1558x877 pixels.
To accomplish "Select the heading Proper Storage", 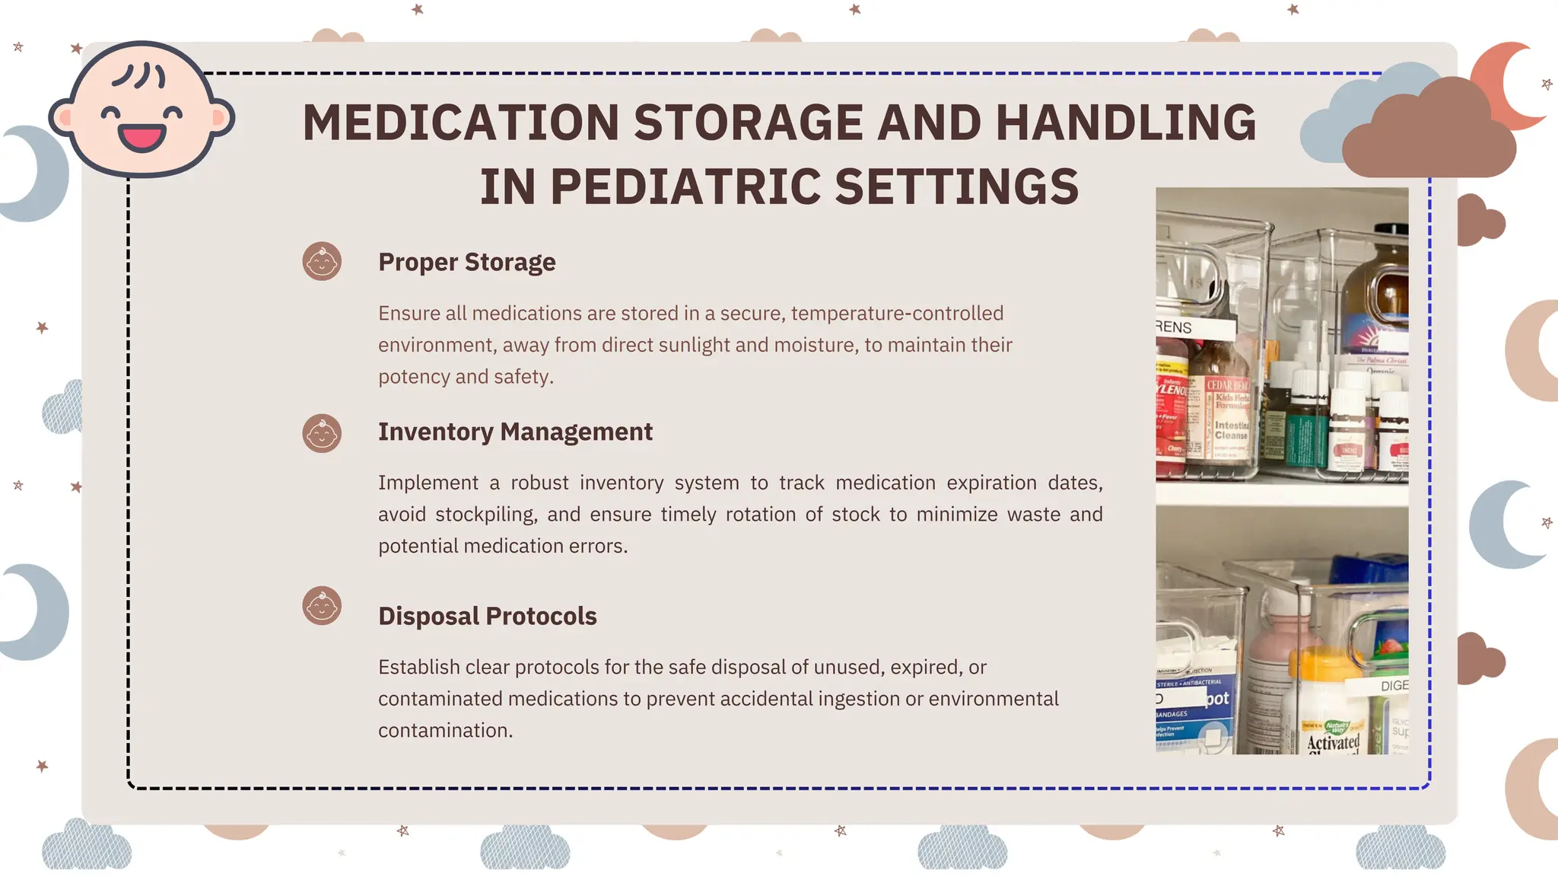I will (466, 262).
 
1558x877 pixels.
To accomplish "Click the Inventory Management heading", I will (515, 432).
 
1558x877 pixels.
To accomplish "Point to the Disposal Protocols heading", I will (487, 616).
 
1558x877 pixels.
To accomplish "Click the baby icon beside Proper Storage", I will (322, 262).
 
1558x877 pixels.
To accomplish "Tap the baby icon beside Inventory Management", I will (322, 434).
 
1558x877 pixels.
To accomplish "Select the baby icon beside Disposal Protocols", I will (322, 606).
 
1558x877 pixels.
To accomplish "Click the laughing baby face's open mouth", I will (141, 138).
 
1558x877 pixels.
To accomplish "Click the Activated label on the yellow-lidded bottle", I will (1333, 741).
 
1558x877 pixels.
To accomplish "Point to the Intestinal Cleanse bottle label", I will (1231, 431).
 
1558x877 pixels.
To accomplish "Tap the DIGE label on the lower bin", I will (1394, 686).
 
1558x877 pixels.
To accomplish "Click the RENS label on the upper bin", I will (1175, 327).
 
